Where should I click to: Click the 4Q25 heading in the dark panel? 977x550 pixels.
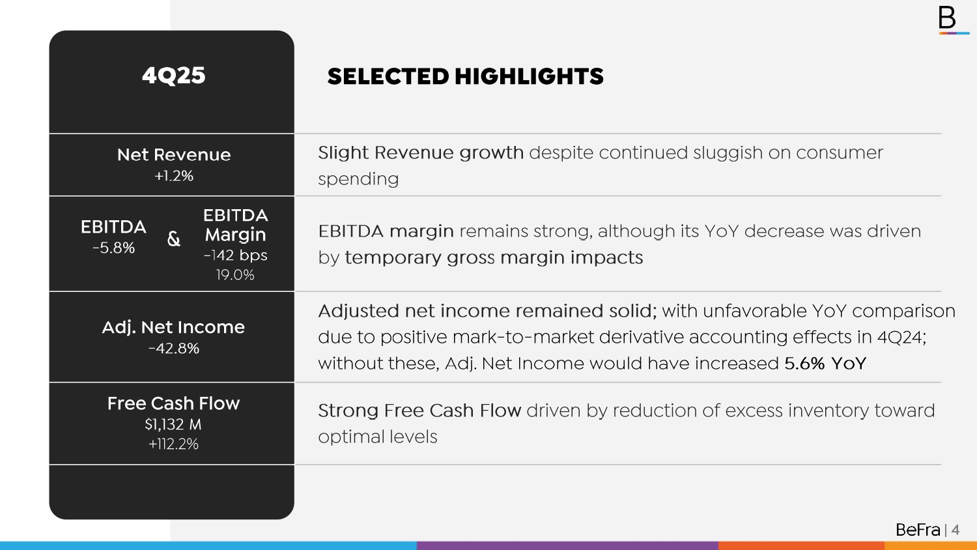174,76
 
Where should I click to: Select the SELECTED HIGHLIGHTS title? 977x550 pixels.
466,76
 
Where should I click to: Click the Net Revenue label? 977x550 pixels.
174,154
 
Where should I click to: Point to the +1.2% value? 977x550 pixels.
174,175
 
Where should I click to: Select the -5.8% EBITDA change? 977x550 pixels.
113,248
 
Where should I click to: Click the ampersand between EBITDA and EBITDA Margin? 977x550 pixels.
174,239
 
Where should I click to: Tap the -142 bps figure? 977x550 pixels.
236,255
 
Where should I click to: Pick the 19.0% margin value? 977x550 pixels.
235,274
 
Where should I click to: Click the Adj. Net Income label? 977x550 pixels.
174,327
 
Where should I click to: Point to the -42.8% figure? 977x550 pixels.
174,349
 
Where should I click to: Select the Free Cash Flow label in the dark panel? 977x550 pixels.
174,403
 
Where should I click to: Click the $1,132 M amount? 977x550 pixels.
173,424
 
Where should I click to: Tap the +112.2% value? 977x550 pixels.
174,444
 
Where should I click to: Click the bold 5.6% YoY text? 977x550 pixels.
825,363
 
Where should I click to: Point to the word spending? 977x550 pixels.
358,179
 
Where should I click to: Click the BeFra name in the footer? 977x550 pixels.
918,530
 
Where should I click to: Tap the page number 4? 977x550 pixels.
956,530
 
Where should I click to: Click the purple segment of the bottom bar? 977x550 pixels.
567,545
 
